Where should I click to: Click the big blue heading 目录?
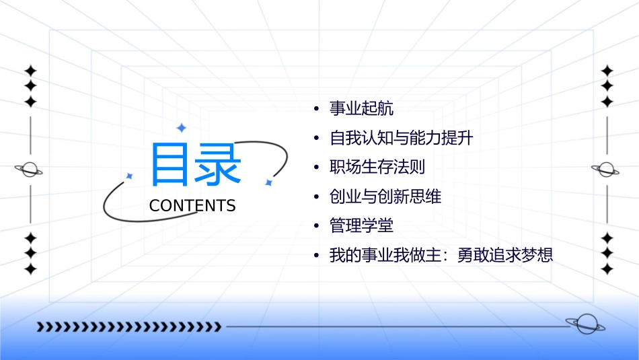click(196, 165)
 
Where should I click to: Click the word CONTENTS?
click(192, 206)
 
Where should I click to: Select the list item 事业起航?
click(361, 108)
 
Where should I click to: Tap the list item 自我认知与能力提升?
click(402, 138)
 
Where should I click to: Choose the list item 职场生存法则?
click(377, 167)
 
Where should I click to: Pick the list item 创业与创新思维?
click(385, 196)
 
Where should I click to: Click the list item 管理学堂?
click(361, 226)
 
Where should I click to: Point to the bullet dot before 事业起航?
click(317, 109)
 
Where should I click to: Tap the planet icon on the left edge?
click(30, 170)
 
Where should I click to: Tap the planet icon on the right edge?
click(606, 170)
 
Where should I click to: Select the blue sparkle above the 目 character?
click(181, 128)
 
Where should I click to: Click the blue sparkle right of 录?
click(268, 182)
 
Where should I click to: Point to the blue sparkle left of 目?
click(130, 176)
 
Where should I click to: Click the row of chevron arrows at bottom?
click(128, 328)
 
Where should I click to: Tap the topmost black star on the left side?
click(30, 71)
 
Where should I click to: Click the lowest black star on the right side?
click(607, 269)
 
